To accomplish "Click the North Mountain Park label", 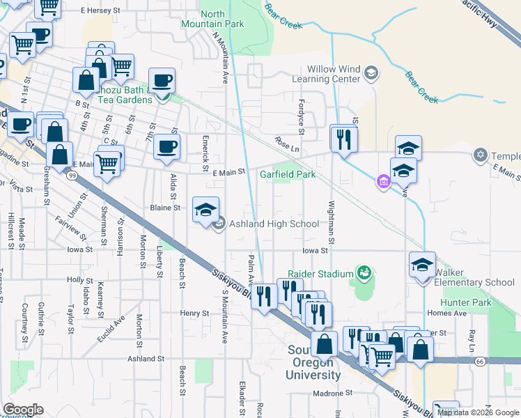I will click(222, 19).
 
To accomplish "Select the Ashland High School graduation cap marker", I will click(206, 210).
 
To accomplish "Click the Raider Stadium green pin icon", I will click(362, 274).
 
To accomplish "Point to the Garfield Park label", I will click(288, 174).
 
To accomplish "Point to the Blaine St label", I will click(166, 208).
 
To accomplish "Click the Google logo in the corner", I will click(23, 410).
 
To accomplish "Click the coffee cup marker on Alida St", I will click(167, 147).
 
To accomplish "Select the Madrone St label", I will click(329, 393).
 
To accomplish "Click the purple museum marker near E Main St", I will click(382, 183).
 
